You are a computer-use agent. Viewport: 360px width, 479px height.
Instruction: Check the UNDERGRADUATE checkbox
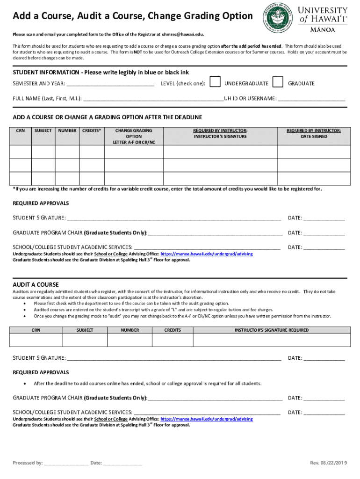pos(215,82)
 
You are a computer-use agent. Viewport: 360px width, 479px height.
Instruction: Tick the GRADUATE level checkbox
pos(278,82)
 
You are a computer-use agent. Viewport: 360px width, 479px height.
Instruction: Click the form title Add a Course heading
pos(133,16)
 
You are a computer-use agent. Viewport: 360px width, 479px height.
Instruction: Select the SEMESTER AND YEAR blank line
pos(110,84)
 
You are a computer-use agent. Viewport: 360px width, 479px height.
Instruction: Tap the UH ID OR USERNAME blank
pos(311,99)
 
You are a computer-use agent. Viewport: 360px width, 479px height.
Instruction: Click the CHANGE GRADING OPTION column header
pos(134,136)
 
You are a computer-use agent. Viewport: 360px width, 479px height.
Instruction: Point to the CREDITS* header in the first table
pos(92,131)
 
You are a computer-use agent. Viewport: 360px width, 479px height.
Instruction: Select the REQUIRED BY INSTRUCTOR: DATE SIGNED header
pos(314,133)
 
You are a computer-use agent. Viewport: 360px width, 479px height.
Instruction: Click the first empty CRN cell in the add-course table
pos(21,152)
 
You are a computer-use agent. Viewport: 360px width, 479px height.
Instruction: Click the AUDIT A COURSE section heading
pos(36,284)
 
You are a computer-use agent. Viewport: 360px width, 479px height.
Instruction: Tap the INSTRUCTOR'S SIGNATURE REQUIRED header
pos(271,330)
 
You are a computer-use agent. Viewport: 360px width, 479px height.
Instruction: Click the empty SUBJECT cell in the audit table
pos(85,340)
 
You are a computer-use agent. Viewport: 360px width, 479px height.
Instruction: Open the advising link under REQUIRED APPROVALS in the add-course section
pos(207,254)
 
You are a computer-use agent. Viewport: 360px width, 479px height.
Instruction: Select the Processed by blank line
pos(65,464)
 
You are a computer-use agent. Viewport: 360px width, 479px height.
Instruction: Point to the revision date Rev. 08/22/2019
pos(329,463)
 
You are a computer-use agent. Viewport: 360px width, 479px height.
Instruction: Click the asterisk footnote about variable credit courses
pos(167,189)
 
